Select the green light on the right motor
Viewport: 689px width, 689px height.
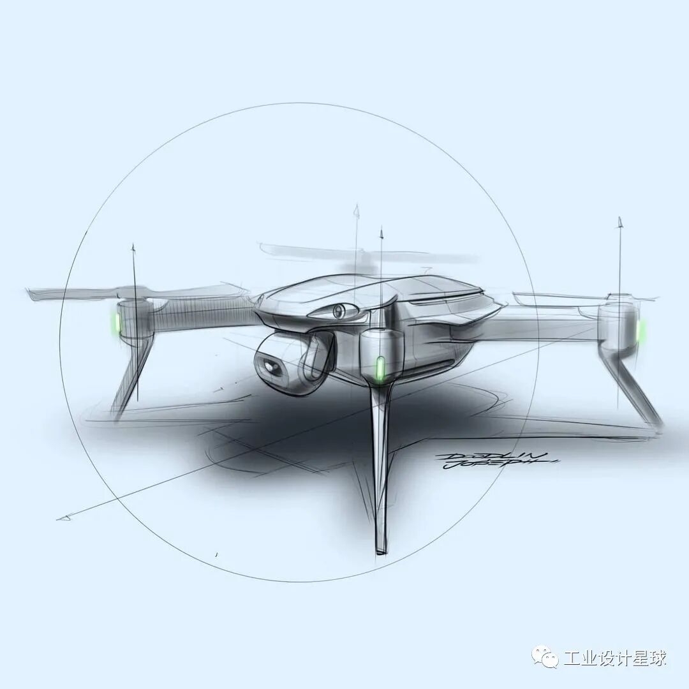coord(641,330)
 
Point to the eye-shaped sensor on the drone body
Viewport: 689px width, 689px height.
coord(339,311)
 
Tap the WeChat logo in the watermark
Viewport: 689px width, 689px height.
coord(545,658)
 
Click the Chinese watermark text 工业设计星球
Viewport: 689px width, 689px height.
coord(615,658)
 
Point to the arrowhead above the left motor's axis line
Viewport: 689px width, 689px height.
coord(133,248)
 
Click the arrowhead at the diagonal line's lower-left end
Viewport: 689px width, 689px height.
coord(63,517)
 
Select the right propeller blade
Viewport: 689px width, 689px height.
coord(555,297)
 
